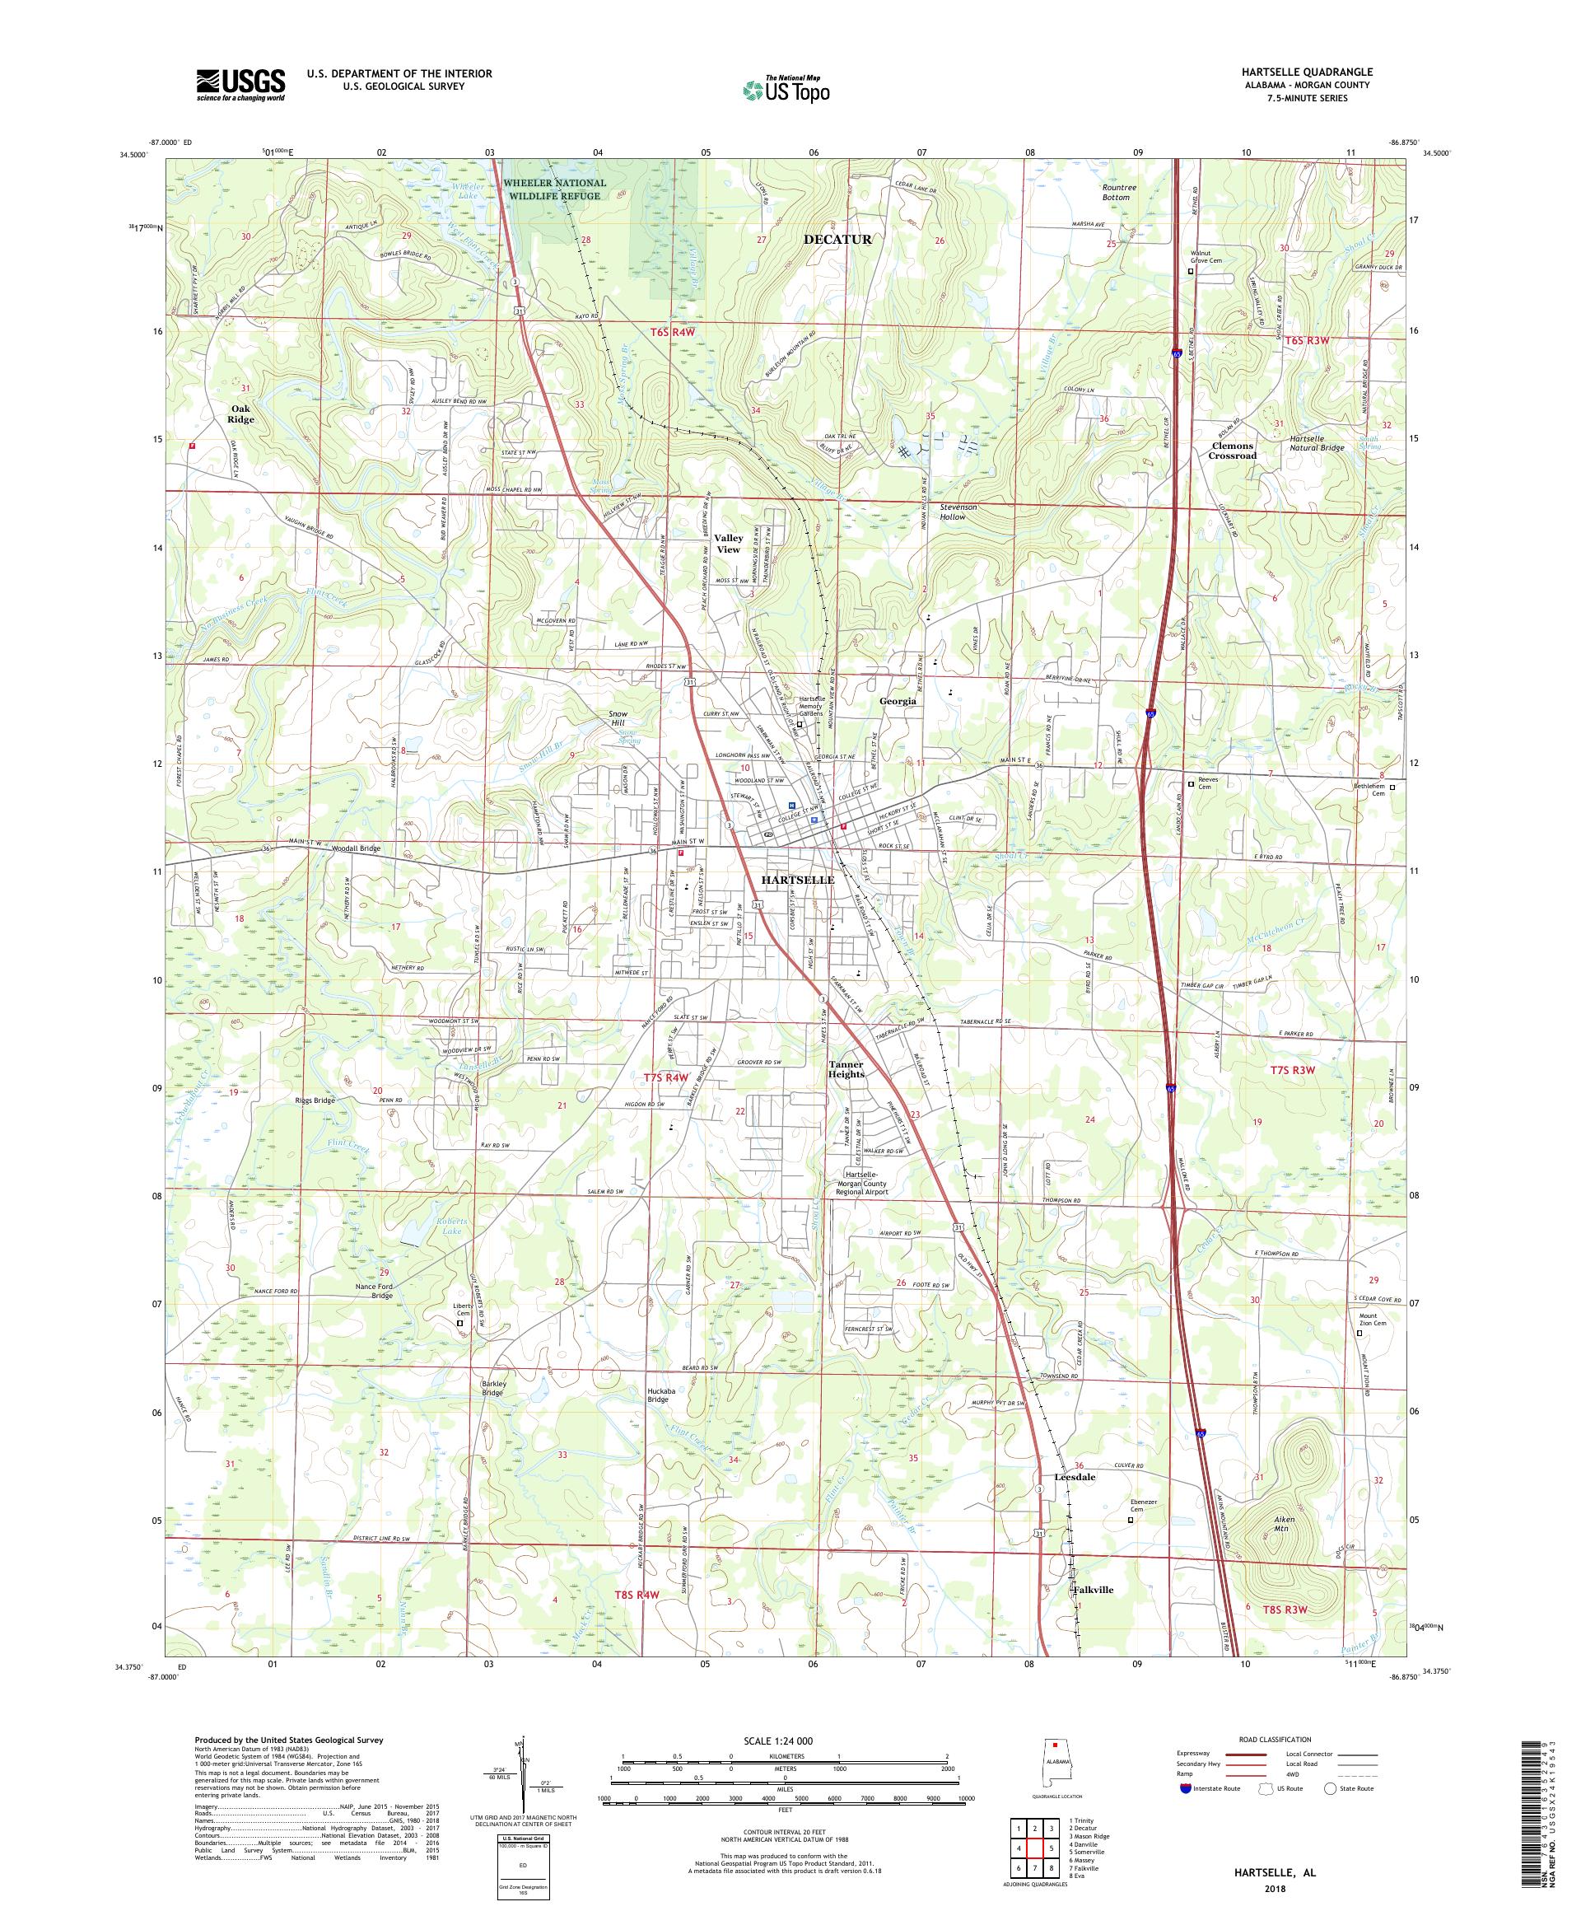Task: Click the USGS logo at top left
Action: (240, 85)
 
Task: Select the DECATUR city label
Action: (836, 240)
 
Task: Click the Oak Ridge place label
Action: (241, 414)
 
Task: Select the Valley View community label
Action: (728, 544)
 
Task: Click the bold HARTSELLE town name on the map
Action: (797, 880)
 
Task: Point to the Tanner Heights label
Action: (846, 1068)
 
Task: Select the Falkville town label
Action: (1093, 1590)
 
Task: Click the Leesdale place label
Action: (1075, 1477)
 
